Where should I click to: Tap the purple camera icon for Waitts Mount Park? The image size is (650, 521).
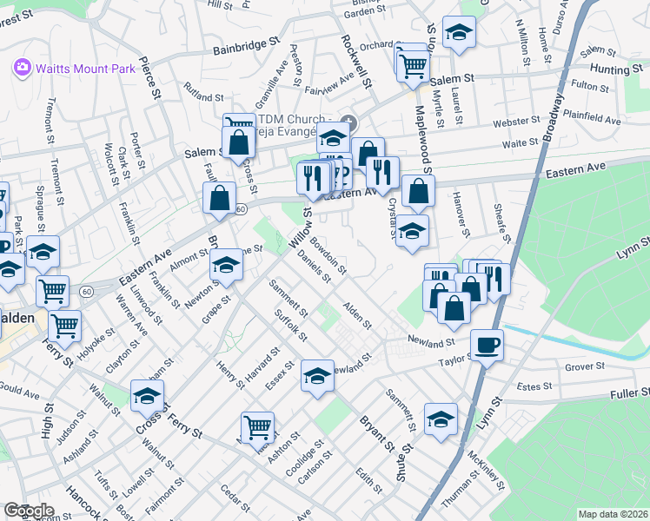click(x=22, y=68)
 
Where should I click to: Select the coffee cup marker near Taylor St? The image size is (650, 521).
click(x=487, y=346)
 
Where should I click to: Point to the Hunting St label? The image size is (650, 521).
click(x=614, y=68)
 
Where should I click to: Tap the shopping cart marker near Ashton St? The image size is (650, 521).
click(x=258, y=427)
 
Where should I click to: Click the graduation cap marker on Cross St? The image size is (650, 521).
click(x=147, y=396)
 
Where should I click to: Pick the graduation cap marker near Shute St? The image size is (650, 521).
click(x=441, y=419)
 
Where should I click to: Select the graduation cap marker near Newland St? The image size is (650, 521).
click(x=317, y=376)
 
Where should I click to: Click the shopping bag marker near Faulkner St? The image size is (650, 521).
click(x=220, y=197)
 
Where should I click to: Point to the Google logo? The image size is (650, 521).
click(x=29, y=511)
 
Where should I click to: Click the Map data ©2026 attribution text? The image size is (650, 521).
click(x=612, y=514)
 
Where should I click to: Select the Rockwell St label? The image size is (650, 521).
click(x=356, y=63)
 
